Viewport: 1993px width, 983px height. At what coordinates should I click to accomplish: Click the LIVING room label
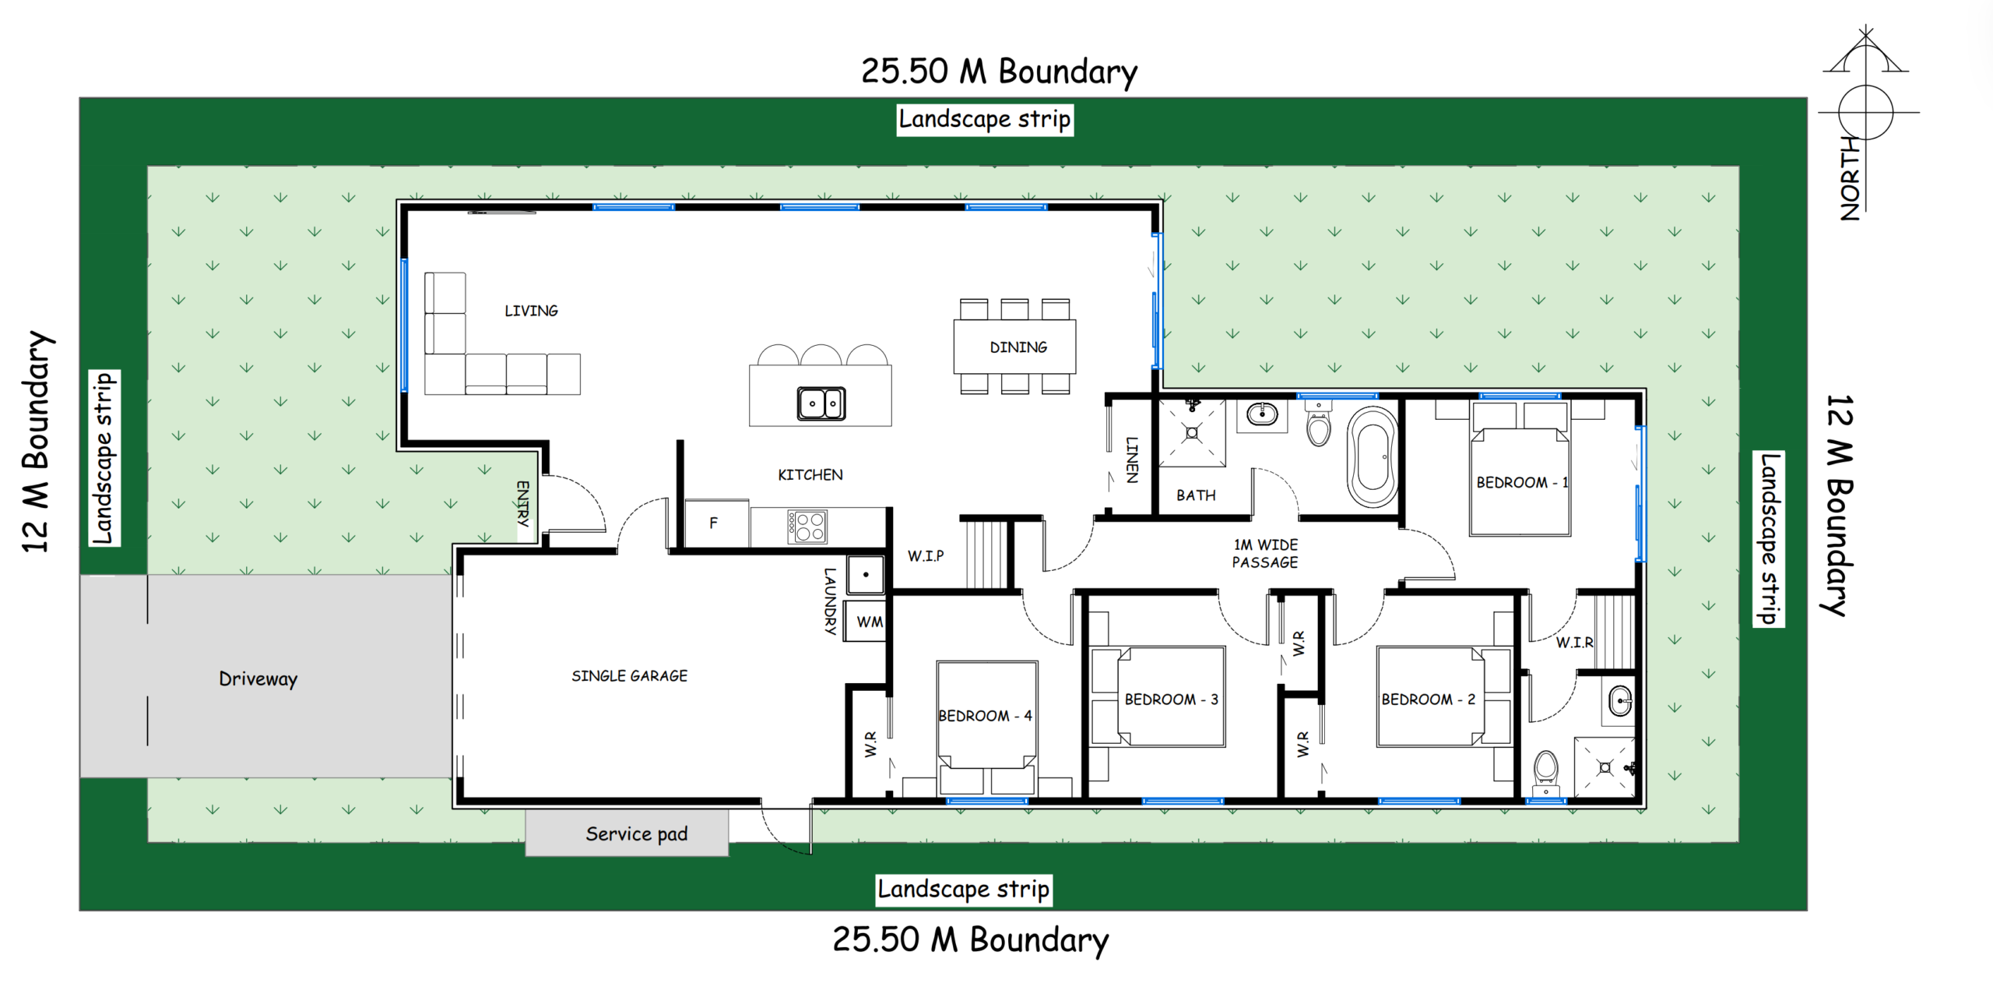[x=531, y=311]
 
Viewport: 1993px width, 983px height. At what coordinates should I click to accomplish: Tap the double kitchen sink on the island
[x=821, y=403]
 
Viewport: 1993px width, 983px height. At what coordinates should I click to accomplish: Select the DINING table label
[x=1018, y=347]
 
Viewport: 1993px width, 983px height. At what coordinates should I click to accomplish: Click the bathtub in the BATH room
[x=1373, y=456]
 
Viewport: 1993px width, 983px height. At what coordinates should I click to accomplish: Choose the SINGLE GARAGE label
[x=629, y=676]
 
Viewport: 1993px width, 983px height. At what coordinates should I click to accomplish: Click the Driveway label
[x=258, y=679]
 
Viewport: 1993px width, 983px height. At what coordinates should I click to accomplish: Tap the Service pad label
[x=636, y=834]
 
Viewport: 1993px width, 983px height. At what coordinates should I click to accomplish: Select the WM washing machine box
[x=866, y=621]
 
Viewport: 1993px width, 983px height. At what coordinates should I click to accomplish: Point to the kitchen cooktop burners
[x=807, y=527]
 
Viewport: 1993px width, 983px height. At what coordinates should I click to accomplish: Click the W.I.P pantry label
[x=926, y=556]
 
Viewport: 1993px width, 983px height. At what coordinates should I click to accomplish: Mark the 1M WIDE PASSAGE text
[x=1265, y=554]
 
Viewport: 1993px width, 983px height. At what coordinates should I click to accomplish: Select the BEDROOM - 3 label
[x=1171, y=699]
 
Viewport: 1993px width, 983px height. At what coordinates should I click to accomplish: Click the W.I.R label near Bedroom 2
[x=1574, y=643]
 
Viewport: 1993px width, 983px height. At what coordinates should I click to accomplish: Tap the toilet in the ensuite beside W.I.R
[x=1545, y=772]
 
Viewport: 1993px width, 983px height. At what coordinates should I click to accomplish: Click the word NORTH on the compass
[x=1850, y=178]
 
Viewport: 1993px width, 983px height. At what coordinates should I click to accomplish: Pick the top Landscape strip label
[x=985, y=120]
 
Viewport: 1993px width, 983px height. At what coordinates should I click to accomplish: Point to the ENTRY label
[x=523, y=503]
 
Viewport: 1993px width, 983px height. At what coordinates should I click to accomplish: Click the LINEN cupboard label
[x=1133, y=460]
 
